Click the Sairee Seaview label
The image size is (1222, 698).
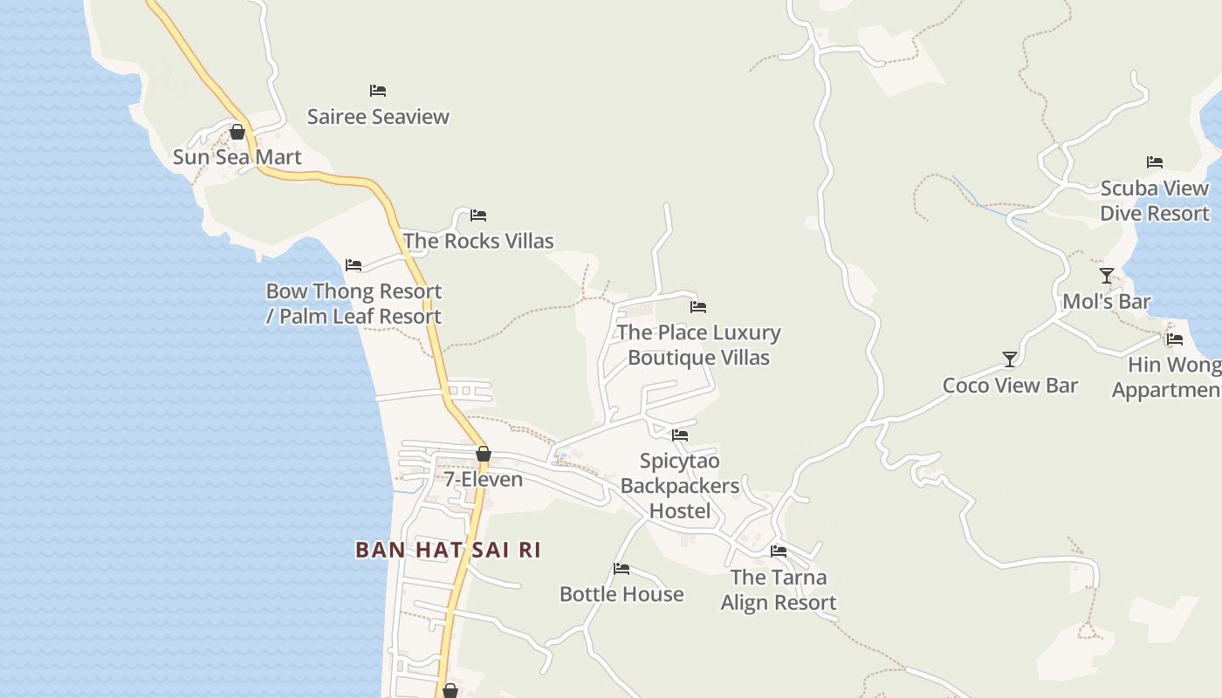[x=378, y=117]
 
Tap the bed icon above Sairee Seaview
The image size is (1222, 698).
[x=378, y=91]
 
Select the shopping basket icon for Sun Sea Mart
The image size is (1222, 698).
[x=237, y=132]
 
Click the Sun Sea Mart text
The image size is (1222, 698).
[x=237, y=157]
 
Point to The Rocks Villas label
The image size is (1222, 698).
[x=478, y=241]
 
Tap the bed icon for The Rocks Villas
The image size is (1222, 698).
[x=478, y=216]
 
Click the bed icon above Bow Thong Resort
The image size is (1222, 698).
[x=354, y=265]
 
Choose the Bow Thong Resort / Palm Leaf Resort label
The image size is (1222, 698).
[x=354, y=304]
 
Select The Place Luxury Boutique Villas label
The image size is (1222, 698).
[x=698, y=345]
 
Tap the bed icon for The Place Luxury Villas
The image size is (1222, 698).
[x=698, y=307]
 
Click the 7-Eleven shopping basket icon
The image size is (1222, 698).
[x=484, y=454]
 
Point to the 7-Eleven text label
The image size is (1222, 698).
[x=483, y=479]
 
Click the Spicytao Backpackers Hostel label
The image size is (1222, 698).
[x=680, y=485]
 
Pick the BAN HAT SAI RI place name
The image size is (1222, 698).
[x=448, y=550]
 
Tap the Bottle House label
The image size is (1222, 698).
[x=621, y=594]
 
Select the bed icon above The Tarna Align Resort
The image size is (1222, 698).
[x=779, y=551]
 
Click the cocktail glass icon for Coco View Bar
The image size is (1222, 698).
[x=1010, y=359]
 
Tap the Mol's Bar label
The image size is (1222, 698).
[x=1106, y=302]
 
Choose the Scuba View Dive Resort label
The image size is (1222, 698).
[x=1154, y=201]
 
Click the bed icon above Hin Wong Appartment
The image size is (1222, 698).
[x=1175, y=339]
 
